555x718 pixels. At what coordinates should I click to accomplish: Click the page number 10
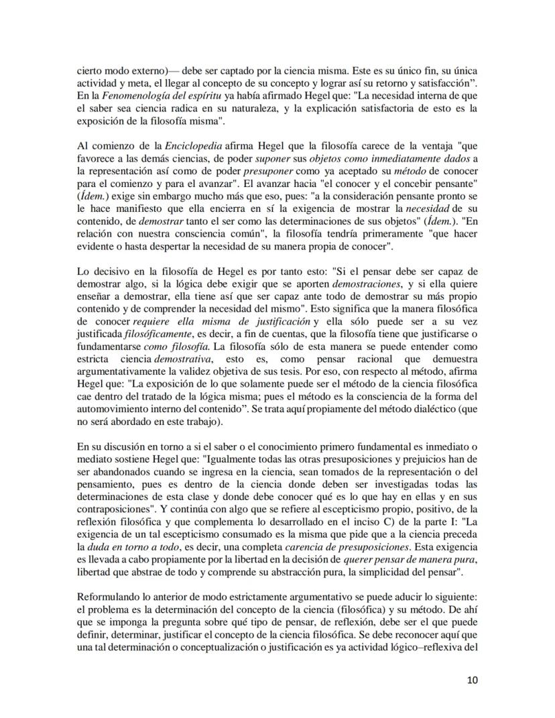[x=472, y=680]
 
